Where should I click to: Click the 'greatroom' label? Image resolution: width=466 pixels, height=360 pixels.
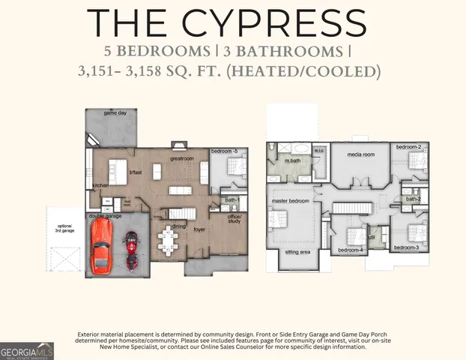[181, 159]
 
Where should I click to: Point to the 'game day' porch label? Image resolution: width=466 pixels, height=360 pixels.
[115, 112]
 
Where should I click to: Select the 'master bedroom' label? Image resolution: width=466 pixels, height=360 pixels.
[290, 201]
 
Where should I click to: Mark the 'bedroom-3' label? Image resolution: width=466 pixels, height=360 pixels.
[405, 247]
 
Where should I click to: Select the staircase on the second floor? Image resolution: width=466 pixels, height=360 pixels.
[352, 208]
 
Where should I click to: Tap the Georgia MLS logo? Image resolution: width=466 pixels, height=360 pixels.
[27, 351]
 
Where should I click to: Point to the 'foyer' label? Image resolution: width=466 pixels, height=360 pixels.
[199, 230]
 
